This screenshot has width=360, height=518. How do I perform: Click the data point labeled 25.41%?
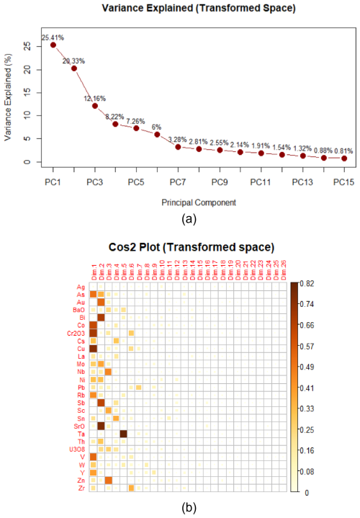pos(53,45)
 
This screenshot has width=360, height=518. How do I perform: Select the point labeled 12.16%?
pos(95,106)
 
